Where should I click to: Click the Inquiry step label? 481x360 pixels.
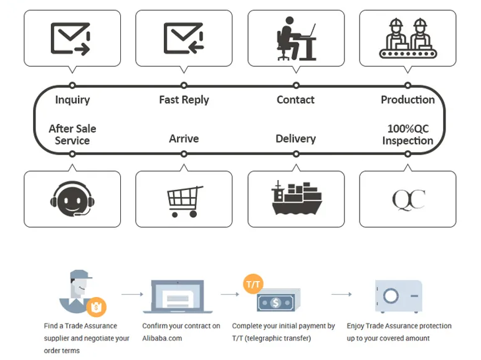(72, 100)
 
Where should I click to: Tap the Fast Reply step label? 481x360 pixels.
(184, 100)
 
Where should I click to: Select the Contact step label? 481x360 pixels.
(295, 100)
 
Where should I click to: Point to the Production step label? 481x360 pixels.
(407, 100)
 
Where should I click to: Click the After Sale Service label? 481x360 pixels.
(72, 135)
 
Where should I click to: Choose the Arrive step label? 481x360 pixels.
(184, 138)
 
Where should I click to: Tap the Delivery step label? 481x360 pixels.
(295, 138)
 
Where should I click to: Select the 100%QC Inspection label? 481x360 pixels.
(407, 135)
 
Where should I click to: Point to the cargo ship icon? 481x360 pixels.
(296, 198)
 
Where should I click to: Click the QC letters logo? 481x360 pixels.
(408, 200)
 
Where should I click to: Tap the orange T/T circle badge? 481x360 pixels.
(254, 285)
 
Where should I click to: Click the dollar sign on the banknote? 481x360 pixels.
(276, 303)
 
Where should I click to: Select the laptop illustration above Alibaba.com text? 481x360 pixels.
(178, 297)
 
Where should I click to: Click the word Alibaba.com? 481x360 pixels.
(162, 338)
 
